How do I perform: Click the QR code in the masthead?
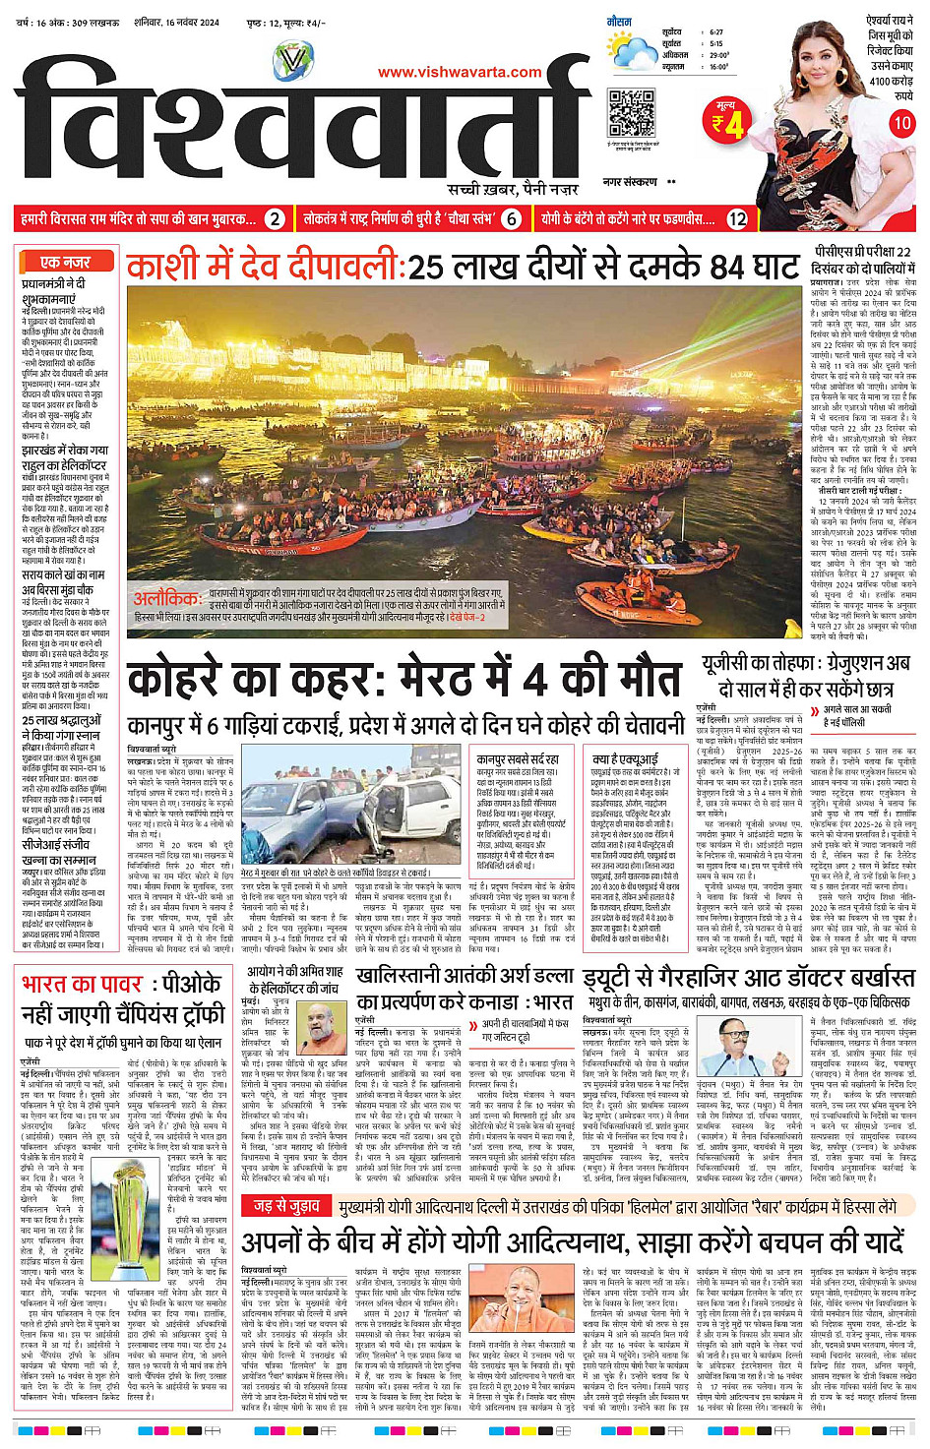631,112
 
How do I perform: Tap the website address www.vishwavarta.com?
460,72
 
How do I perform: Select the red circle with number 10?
901,123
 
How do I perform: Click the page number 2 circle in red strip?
276,219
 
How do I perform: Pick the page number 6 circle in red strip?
511,219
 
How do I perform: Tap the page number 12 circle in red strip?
736,219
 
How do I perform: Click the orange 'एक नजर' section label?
66,262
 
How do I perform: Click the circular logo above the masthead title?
292,61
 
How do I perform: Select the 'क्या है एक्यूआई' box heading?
626,759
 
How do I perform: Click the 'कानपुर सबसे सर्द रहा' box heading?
518,759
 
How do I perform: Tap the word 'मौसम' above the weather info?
619,20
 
